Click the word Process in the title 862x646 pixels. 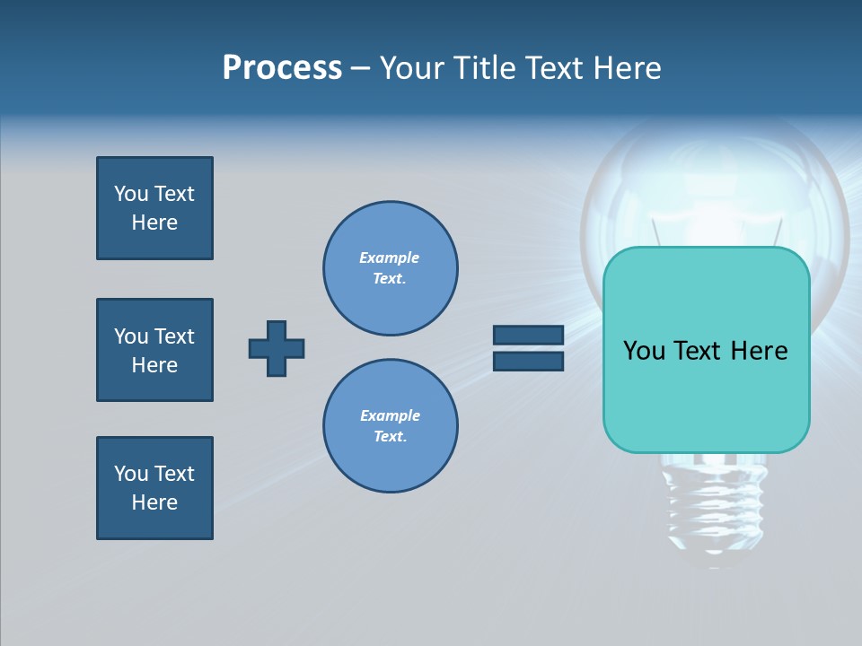tap(282, 68)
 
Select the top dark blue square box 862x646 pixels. tap(154, 208)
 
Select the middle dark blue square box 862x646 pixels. tap(154, 350)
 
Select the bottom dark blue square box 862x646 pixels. tap(154, 488)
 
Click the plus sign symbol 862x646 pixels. tap(277, 348)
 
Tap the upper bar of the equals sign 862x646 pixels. tap(528, 335)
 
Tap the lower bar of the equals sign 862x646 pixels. tap(528, 362)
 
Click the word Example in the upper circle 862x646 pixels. tap(389, 258)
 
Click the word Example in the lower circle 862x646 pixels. tap(390, 415)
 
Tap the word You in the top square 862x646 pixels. tap(130, 194)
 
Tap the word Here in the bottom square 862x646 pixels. tap(154, 502)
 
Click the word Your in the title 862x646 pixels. tap(411, 68)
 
